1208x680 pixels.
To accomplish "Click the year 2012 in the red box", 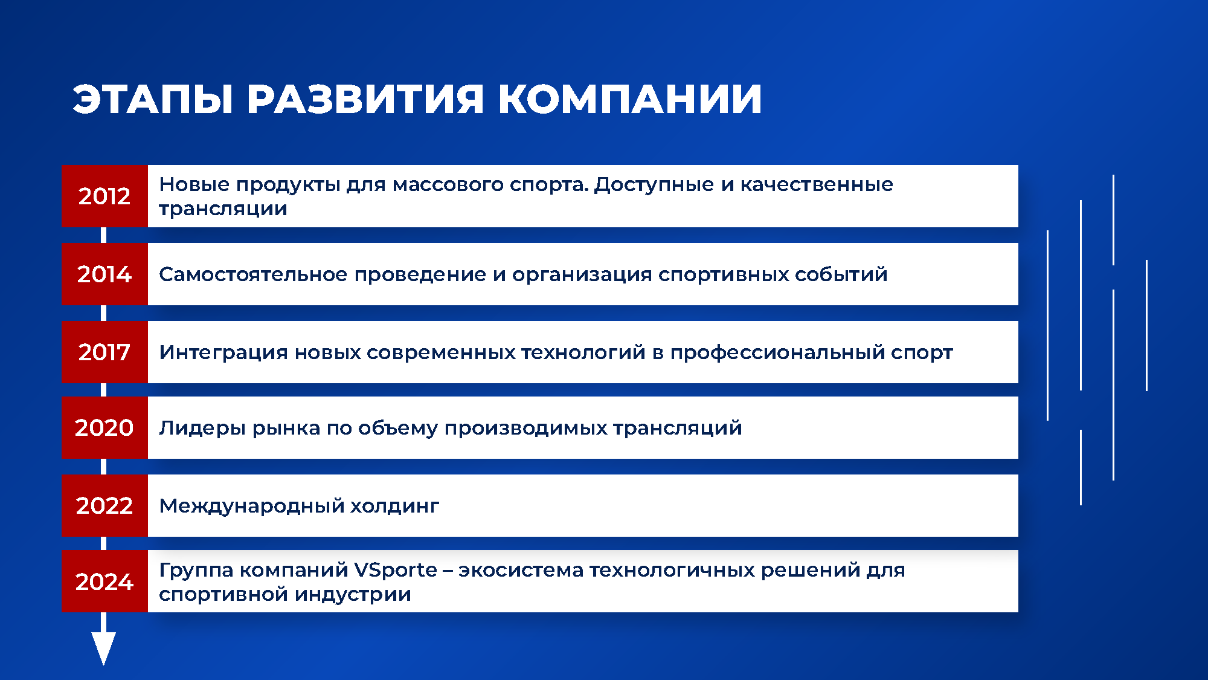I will [104, 196].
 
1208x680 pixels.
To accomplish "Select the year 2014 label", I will [104, 274].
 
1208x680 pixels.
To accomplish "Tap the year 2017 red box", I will [104, 352].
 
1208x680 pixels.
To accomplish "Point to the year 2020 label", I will [104, 428].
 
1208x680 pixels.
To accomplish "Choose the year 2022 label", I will [104, 506].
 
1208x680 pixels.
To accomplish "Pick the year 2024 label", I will [104, 581].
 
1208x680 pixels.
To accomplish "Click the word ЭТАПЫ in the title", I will [153, 99].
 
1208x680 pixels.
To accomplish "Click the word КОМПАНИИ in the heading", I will [630, 99].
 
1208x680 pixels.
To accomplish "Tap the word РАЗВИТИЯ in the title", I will [365, 99].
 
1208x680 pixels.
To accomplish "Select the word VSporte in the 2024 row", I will [395, 570].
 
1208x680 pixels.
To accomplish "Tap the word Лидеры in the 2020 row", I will [202, 428].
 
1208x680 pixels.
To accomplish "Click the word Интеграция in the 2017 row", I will [223, 352].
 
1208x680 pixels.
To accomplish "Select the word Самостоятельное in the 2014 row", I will [253, 274].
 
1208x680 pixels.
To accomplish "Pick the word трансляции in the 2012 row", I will [223, 209].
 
